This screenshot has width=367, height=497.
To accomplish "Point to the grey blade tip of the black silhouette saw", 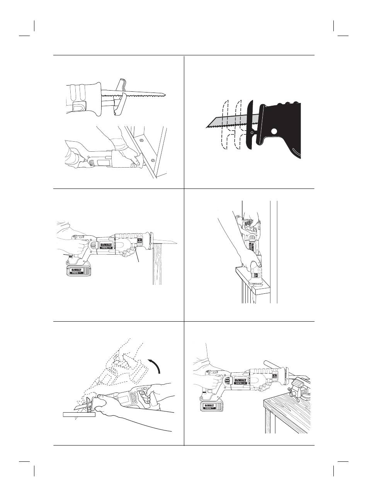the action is pyautogui.click(x=209, y=125).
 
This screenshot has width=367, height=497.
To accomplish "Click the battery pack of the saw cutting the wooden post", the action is pyautogui.click(x=80, y=271).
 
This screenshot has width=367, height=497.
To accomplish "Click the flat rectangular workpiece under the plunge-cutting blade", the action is pyautogui.click(x=79, y=415).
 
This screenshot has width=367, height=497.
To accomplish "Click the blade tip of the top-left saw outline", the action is pyautogui.click(x=165, y=94).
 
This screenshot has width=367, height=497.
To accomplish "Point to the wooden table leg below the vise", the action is pyautogui.click(x=267, y=420).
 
